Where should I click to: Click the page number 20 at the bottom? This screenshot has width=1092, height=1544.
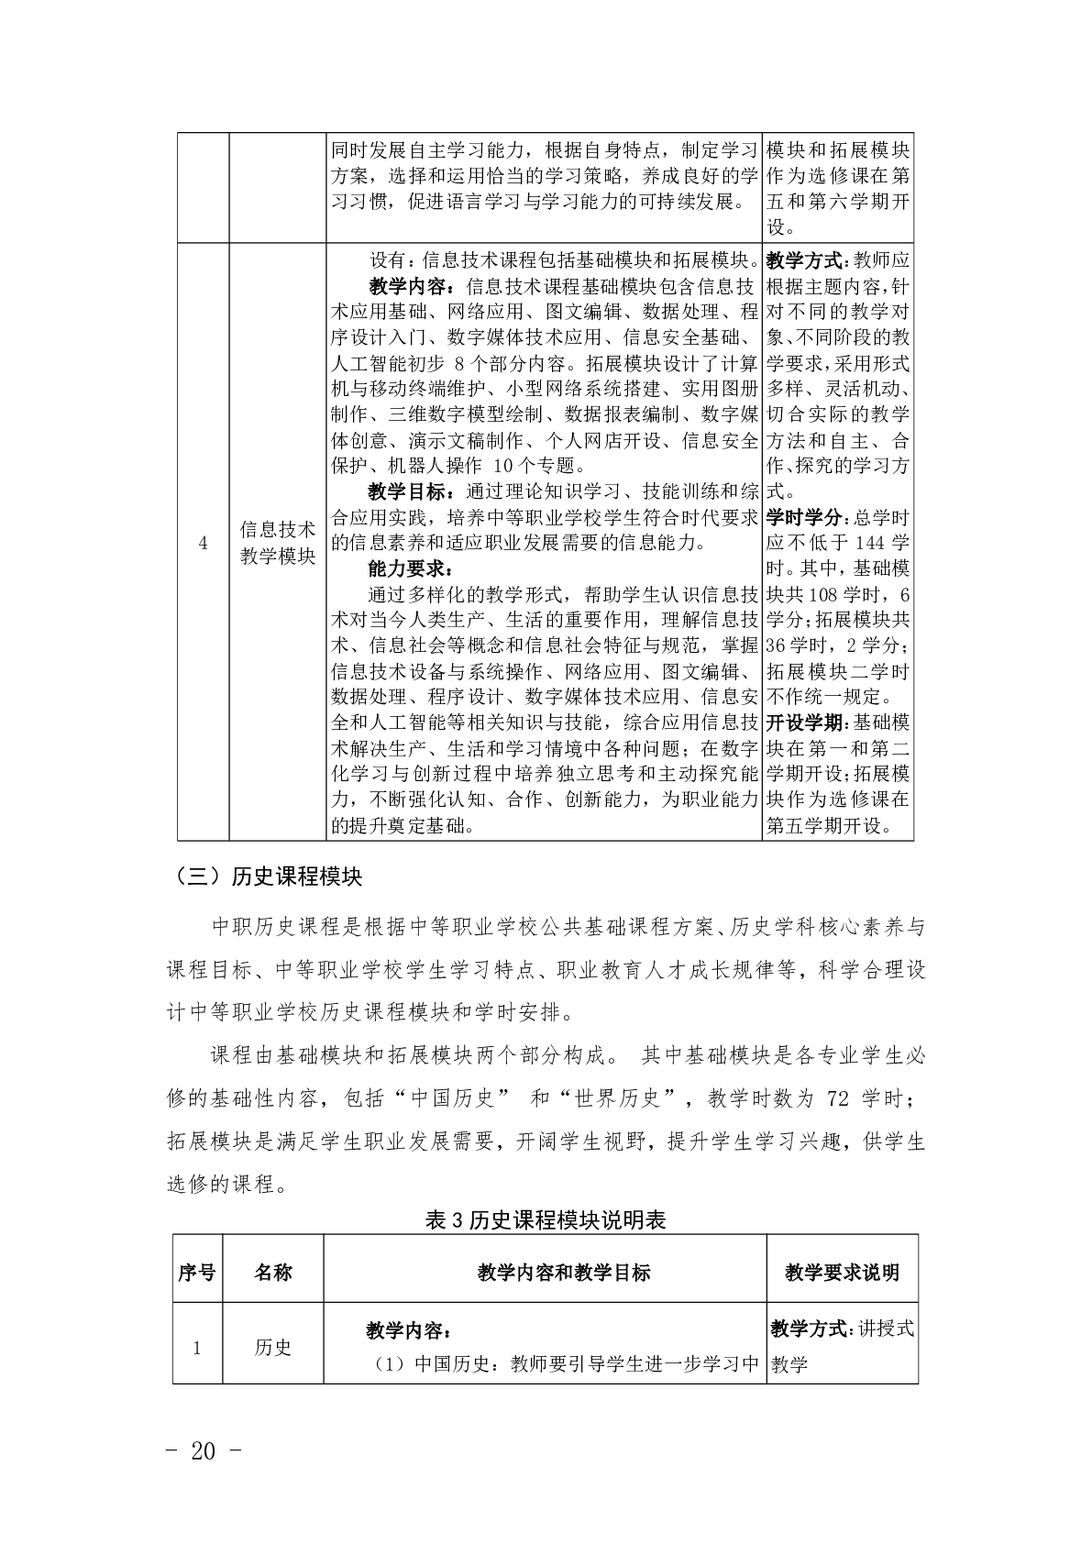click(x=203, y=1451)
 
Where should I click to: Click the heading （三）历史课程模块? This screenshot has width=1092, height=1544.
click(x=264, y=877)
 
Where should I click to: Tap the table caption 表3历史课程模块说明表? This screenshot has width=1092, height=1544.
click(x=546, y=1220)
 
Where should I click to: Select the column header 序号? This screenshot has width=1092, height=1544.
click(x=197, y=1272)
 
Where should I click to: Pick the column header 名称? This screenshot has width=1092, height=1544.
click(x=272, y=1272)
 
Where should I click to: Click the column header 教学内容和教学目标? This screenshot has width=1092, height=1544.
click(x=563, y=1272)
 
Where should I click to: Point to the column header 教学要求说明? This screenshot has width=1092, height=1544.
click(x=842, y=1272)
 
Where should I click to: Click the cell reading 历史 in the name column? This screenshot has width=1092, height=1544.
click(x=272, y=1347)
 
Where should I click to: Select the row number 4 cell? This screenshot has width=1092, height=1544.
click(x=203, y=544)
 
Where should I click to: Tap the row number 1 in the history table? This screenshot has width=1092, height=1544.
click(x=197, y=1347)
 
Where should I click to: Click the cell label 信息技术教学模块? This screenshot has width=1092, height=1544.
click(x=277, y=543)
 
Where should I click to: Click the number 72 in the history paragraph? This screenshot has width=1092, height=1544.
click(x=837, y=1098)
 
